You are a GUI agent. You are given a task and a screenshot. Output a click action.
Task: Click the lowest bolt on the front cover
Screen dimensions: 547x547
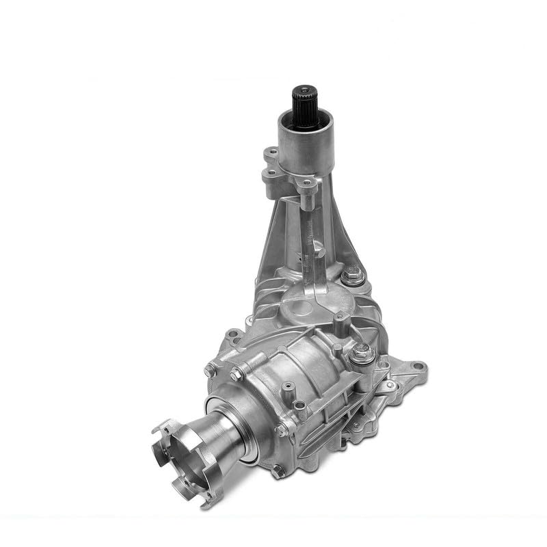(x=276, y=470)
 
